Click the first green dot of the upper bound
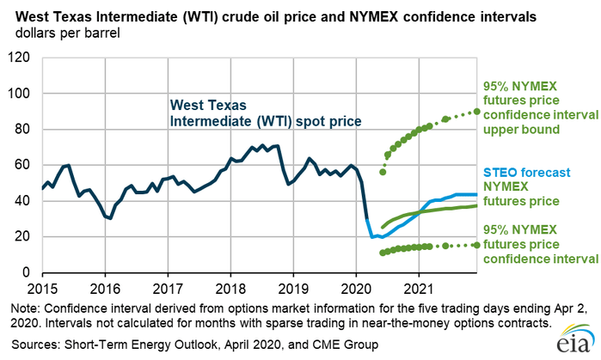tap(383, 172)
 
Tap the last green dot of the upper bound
tap(477, 112)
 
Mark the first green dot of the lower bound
tap(383, 253)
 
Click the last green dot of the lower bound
tap(477, 245)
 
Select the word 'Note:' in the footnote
tap(26, 308)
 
